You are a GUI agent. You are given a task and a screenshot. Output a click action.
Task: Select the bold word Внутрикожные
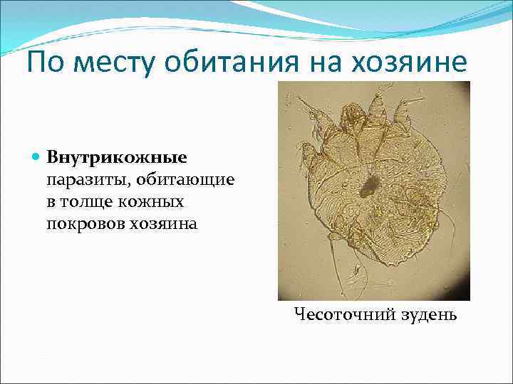click(116, 156)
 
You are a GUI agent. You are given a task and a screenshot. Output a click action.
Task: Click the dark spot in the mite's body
click(368, 187)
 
